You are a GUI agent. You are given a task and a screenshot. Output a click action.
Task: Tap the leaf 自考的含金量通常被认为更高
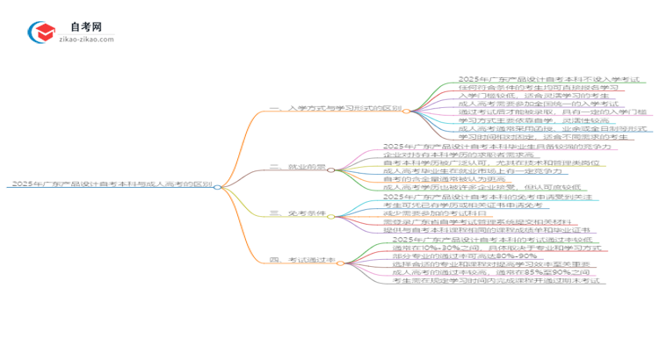click(x=435, y=178)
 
